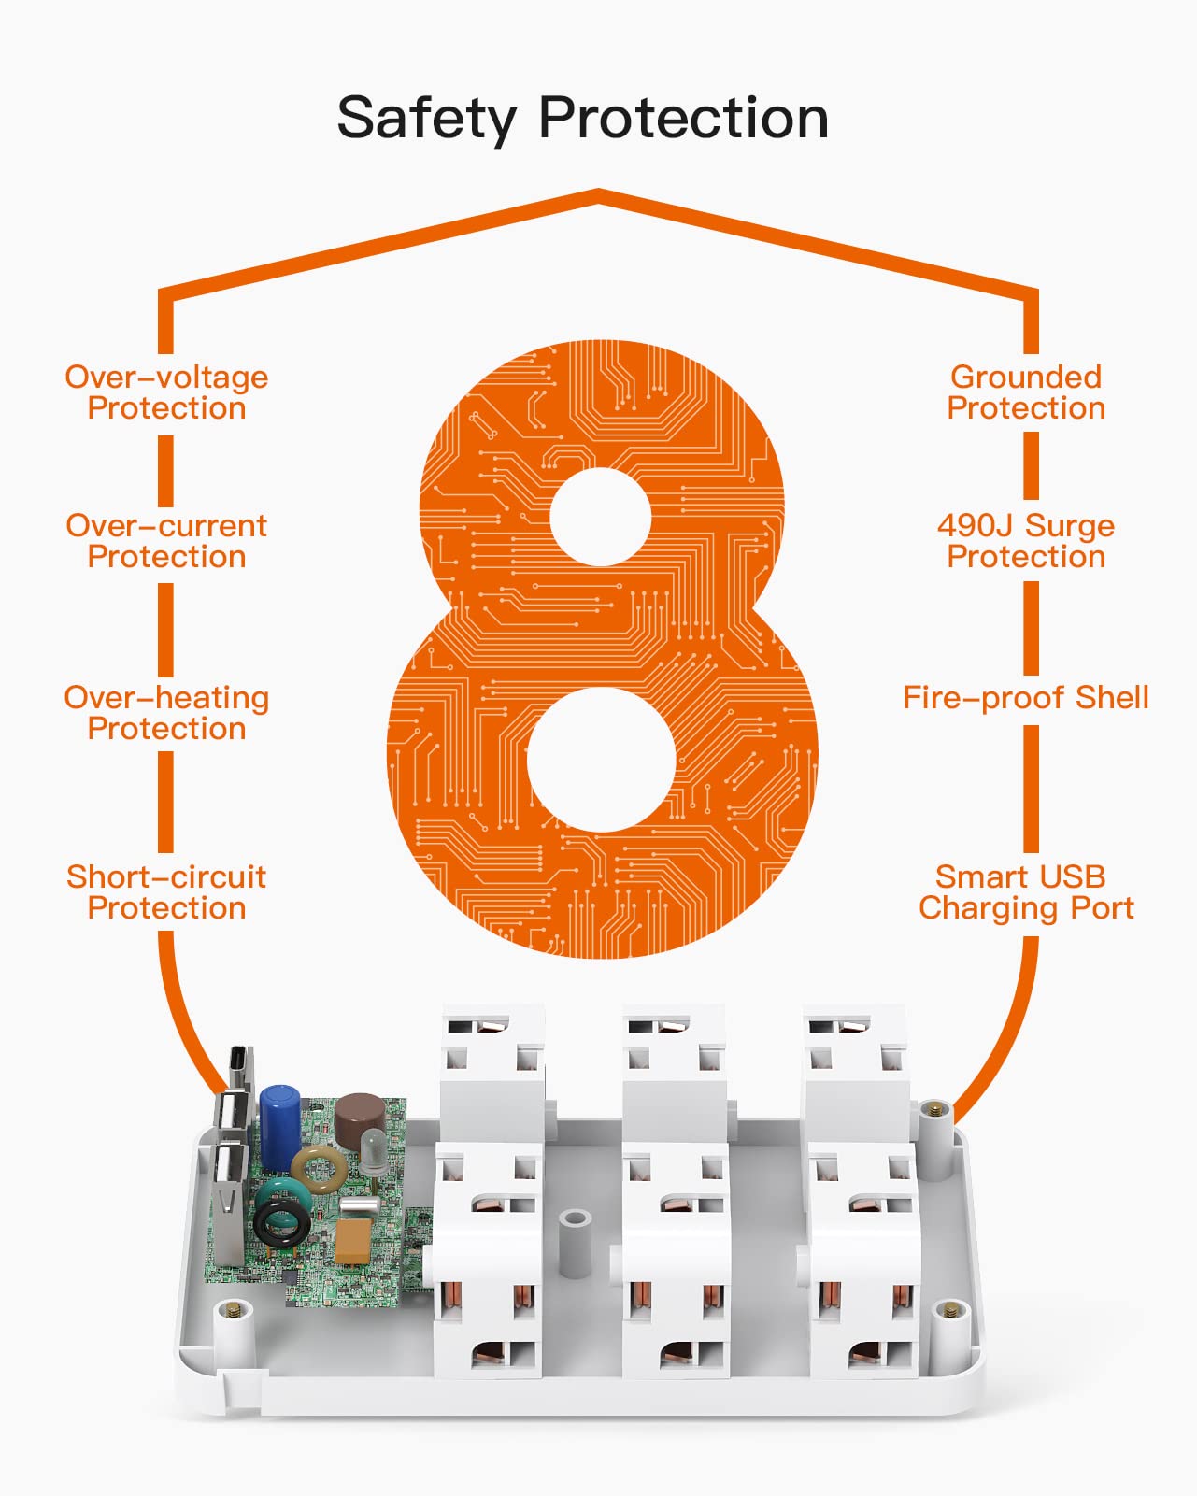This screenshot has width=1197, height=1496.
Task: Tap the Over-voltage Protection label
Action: (x=167, y=392)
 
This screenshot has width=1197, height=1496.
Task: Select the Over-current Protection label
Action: (x=167, y=542)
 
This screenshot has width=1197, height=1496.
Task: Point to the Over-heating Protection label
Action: (x=167, y=713)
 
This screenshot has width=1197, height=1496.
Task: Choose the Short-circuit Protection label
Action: (x=167, y=892)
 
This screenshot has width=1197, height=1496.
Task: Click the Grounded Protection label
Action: (x=1026, y=392)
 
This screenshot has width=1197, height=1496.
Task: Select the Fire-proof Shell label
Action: (x=1026, y=698)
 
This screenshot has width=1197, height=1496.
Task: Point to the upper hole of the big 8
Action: (x=600, y=518)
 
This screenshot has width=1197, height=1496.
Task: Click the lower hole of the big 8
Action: (x=601, y=759)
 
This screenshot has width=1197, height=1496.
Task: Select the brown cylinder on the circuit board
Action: (x=360, y=1120)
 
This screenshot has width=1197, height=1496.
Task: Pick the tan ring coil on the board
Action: (x=319, y=1170)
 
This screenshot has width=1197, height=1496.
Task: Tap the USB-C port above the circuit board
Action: (x=240, y=1068)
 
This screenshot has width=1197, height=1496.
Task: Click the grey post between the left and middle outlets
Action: (x=576, y=1244)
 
